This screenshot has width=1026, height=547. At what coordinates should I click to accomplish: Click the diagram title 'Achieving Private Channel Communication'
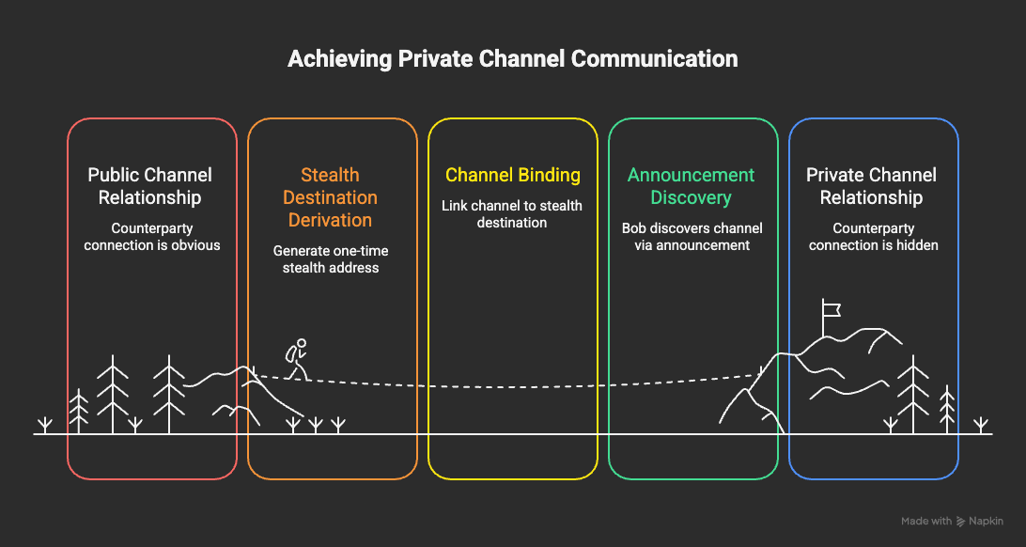point(512,59)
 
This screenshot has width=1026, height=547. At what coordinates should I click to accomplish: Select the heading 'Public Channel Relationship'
point(150,186)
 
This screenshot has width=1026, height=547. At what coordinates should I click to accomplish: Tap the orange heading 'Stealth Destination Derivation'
point(330,197)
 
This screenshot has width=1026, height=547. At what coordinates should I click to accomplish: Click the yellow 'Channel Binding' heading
point(512,176)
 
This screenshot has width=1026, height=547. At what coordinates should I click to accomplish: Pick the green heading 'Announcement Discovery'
point(691,186)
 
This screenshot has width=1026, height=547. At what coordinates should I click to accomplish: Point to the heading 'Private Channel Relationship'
point(872,186)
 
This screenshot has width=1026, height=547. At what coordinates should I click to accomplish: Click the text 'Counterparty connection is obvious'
point(150,238)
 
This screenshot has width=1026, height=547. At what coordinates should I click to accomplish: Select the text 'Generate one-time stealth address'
point(331,259)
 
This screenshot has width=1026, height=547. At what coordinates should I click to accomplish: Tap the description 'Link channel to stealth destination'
point(512,214)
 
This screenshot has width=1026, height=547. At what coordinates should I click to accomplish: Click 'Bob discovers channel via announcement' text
point(692,238)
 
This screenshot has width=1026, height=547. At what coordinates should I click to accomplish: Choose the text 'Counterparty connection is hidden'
point(874,238)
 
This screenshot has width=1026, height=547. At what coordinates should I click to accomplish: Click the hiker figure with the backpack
point(296,359)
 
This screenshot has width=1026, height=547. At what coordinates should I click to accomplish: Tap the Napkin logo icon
point(961,522)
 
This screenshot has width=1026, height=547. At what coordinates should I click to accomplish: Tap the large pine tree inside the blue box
point(912,395)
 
